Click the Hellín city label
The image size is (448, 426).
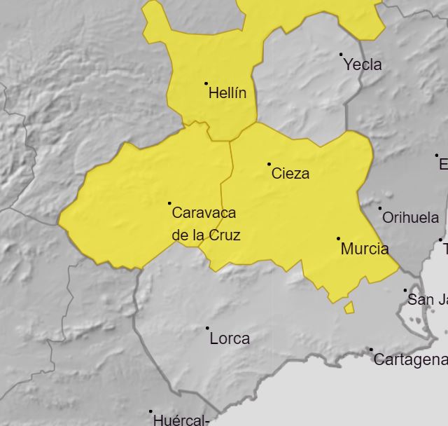pyautogui.click(x=227, y=93)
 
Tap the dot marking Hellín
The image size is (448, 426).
pyautogui.click(x=206, y=83)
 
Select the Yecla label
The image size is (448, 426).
pyautogui.click(x=363, y=65)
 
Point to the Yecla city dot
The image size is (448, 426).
pyautogui.click(x=341, y=55)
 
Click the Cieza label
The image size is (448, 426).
pyautogui.click(x=290, y=174)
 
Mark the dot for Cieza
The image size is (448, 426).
pyautogui.click(x=269, y=164)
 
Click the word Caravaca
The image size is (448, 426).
pyautogui.click(x=204, y=212)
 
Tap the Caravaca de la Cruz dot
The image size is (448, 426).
pyautogui.click(x=169, y=203)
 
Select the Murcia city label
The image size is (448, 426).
pyautogui.click(x=364, y=249)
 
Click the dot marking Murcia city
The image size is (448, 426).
pyautogui.click(x=338, y=239)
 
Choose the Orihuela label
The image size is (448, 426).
pyautogui.click(x=410, y=218)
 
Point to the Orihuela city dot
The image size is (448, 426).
pyautogui.click(x=380, y=208)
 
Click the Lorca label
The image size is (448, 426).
pyautogui.click(x=230, y=338)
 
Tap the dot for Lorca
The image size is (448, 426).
pyautogui.click(x=207, y=328)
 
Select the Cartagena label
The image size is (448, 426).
pyautogui.click(x=410, y=360)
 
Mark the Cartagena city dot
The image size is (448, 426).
pyautogui.click(x=371, y=350)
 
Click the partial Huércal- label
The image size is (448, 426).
pyautogui.click(x=181, y=420)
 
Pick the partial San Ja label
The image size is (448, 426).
pyautogui.click(x=427, y=300)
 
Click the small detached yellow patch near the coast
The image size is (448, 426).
pyautogui.click(x=349, y=308)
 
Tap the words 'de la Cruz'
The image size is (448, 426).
pyautogui.click(x=206, y=235)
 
